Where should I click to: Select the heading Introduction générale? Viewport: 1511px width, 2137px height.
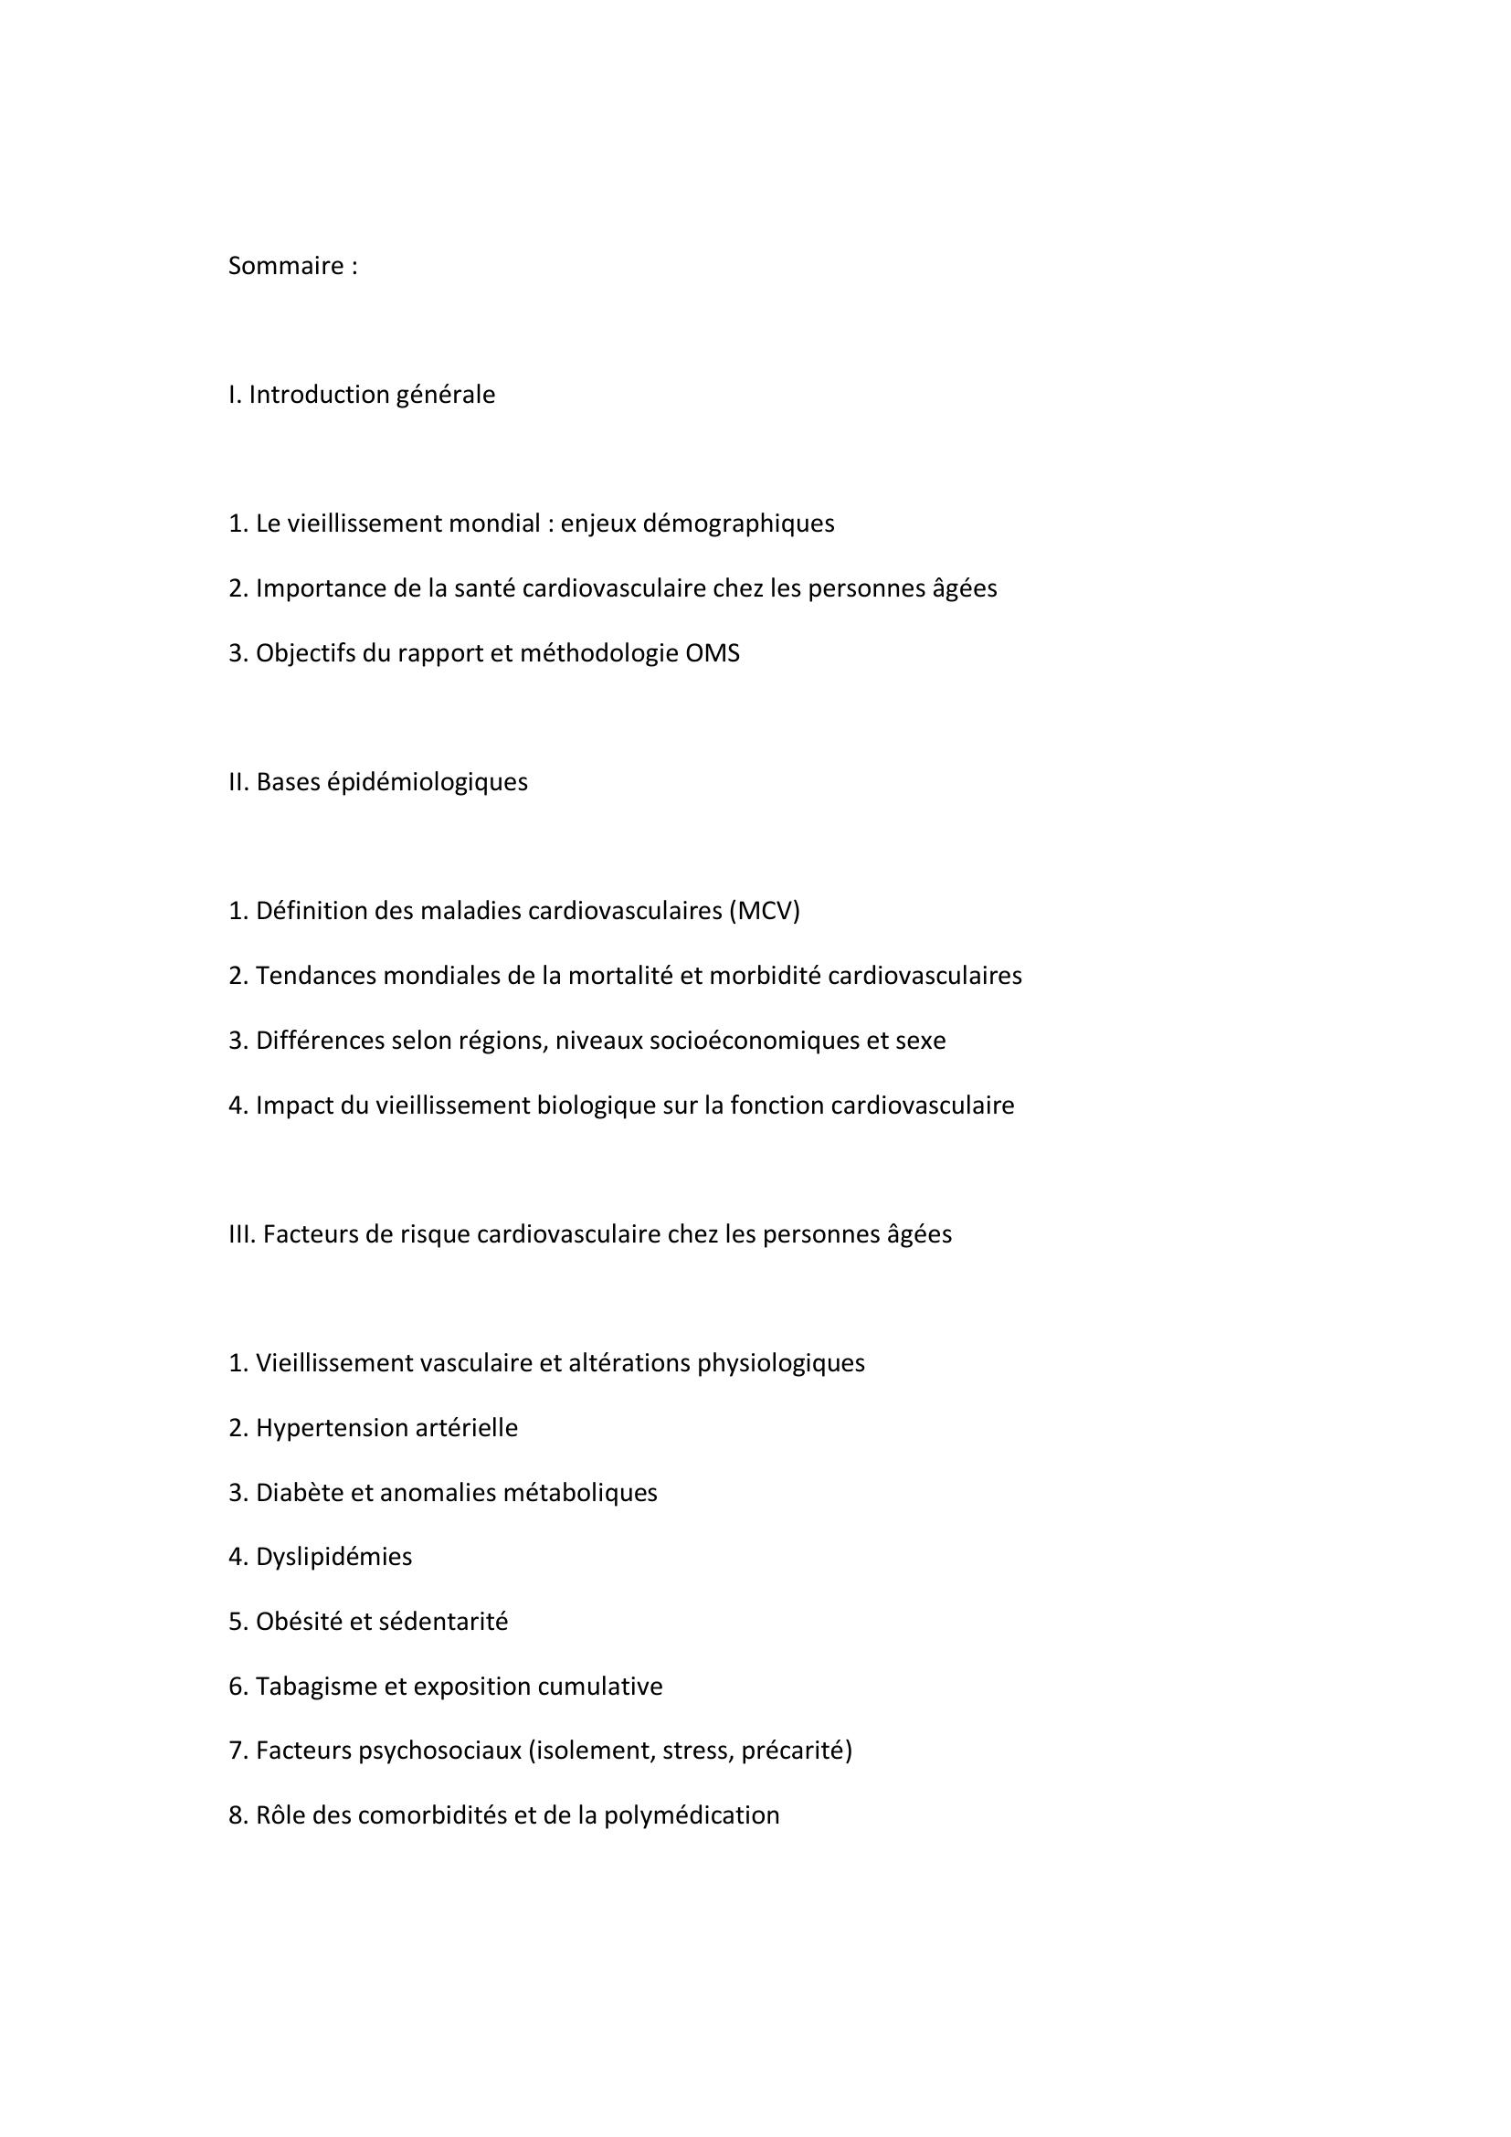point(371,395)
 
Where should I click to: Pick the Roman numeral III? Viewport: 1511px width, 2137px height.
point(241,1234)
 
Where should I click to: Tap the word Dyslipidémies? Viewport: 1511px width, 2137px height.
point(333,1556)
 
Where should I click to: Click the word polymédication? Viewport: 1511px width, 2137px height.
point(692,1815)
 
